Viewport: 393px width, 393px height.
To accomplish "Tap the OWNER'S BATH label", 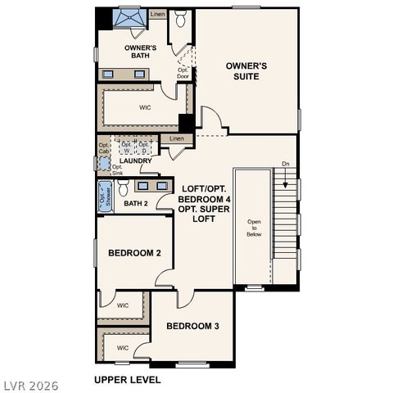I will point(141,52).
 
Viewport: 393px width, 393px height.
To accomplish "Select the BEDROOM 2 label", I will point(133,253).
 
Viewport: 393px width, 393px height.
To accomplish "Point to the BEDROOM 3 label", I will point(192,326).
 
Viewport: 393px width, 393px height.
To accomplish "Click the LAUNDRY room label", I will point(135,161).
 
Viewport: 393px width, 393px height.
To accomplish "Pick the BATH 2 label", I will point(136,203).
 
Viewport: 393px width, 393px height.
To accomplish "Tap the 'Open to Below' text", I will point(254,228).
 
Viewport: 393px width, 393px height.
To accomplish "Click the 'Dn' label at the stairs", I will point(285,165).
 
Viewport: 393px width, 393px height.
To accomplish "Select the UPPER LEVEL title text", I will point(127,380).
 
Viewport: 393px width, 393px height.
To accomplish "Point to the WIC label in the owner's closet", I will point(144,106).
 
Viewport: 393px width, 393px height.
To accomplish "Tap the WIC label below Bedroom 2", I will point(122,305).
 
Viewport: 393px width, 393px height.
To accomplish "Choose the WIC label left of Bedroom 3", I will point(122,348).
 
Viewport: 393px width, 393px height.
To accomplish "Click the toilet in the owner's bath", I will point(182,17).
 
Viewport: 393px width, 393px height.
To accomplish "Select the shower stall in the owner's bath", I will point(129,18).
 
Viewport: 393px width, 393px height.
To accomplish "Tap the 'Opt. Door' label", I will point(183,73).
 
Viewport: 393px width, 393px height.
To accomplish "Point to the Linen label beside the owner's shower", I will point(157,14).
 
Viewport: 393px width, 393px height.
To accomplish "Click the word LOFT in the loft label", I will point(193,187).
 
